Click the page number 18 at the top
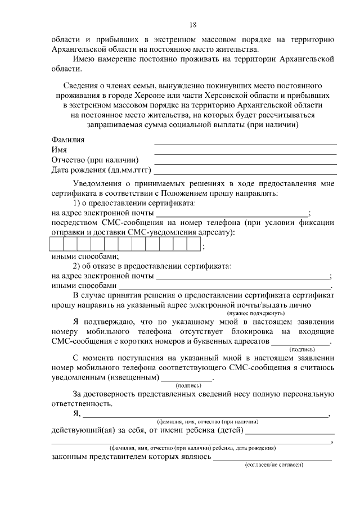tap(193, 25)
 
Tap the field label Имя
tap(59, 150)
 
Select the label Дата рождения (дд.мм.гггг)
tap(102, 170)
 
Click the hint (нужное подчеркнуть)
tap(256, 313)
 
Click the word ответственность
tap(82, 404)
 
